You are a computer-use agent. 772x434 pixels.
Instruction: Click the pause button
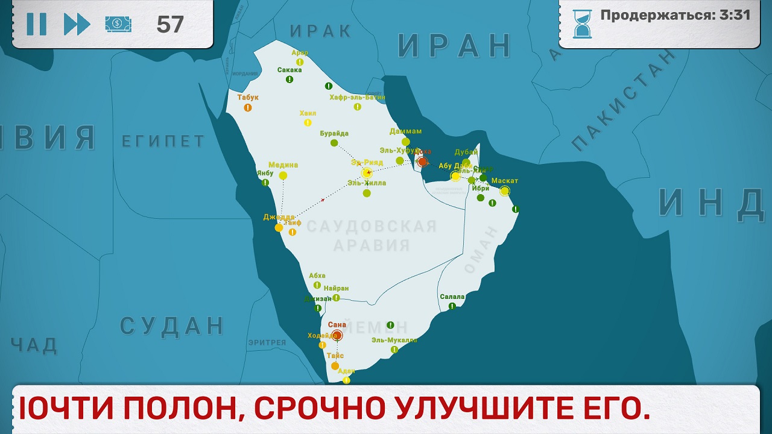[36, 24]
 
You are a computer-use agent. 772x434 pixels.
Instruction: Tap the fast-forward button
[77, 24]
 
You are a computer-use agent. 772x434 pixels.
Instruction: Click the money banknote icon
[118, 24]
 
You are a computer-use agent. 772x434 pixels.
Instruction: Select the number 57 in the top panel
[170, 24]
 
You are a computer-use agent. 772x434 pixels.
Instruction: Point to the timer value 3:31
[735, 15]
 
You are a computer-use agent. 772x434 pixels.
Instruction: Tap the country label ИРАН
[454, 45]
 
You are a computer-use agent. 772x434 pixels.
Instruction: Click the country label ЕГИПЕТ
[163, 141]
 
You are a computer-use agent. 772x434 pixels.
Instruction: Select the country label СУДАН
[172, 325]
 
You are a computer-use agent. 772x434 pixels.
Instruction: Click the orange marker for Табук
[248, 107]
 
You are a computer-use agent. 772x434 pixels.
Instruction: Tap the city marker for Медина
[283, 175]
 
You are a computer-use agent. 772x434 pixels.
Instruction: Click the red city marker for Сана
[337, 335]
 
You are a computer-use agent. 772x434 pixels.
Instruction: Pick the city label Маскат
[505, 181]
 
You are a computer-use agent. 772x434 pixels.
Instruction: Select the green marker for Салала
[452, 306]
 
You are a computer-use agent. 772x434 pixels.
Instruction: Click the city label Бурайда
[334, 133]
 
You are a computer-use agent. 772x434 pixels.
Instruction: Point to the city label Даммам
[405, 131]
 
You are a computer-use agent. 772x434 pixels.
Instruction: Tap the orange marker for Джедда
[279, 227]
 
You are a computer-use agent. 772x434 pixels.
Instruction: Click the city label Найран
[336, 288]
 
